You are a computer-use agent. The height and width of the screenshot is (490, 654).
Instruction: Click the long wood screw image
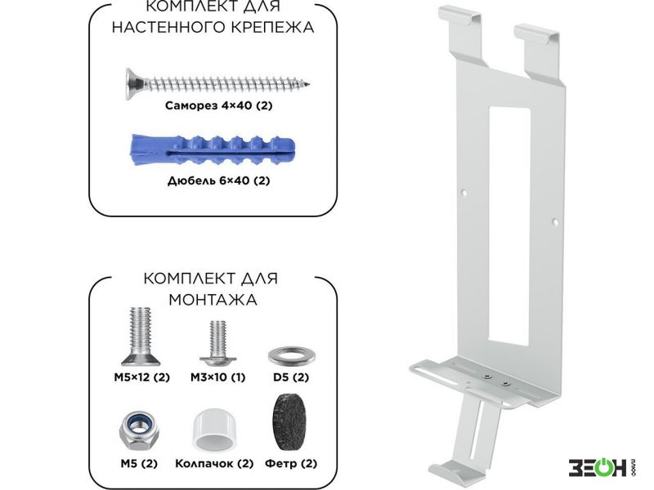click(217, 84)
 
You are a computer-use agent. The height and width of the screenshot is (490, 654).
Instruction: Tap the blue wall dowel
click(213, 150)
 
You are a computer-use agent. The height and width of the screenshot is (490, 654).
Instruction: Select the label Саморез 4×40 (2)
click(218, 105)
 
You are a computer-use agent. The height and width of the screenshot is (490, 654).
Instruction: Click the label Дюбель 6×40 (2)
click(218, 180)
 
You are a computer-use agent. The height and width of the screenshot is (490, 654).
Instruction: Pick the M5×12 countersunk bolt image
click(141, 336)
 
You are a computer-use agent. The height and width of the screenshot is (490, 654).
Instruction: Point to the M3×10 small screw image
click(217, 342)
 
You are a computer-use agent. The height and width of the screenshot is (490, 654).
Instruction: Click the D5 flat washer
click(291, 356)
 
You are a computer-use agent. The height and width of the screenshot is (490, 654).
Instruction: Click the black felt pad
click(291, 422)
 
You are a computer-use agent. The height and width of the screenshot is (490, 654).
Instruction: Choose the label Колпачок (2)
click(214, 464)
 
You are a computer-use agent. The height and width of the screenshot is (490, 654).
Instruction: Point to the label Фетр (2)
click(291, 464)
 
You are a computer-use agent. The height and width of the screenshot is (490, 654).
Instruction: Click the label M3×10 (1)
click(217, 377)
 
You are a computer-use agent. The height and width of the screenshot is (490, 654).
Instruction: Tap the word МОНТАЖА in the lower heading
click(213, 300)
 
